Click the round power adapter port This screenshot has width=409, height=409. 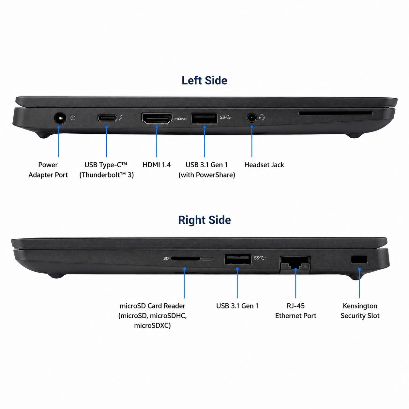tap(60, 118)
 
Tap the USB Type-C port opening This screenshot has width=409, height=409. tap(107, 118)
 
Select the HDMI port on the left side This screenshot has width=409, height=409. tap(157, 118)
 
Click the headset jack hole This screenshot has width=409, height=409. tap(252, 118)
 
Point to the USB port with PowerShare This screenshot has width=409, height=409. tap(204, 118)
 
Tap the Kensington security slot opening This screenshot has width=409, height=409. tap(359, 260)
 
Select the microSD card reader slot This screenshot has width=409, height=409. tap(185, 259)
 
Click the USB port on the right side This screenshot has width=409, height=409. tap(238, 259)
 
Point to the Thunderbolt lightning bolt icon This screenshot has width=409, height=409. tap(121, 117)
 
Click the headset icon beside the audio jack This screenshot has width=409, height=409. tap(262, 117)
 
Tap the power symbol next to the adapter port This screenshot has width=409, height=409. tap(73, 117)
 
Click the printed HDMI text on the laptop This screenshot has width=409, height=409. tap(180, 119)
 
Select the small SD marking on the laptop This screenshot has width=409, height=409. tap(166, 258)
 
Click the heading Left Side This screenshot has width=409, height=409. tap(204, 81)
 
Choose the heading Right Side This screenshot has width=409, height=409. tap(204, 220)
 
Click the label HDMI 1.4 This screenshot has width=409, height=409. tap(157, 165)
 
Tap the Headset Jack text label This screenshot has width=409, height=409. tap(264, 165)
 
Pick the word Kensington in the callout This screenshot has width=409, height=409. tap(360, 306)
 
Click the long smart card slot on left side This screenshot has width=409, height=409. tap(335, 113)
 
